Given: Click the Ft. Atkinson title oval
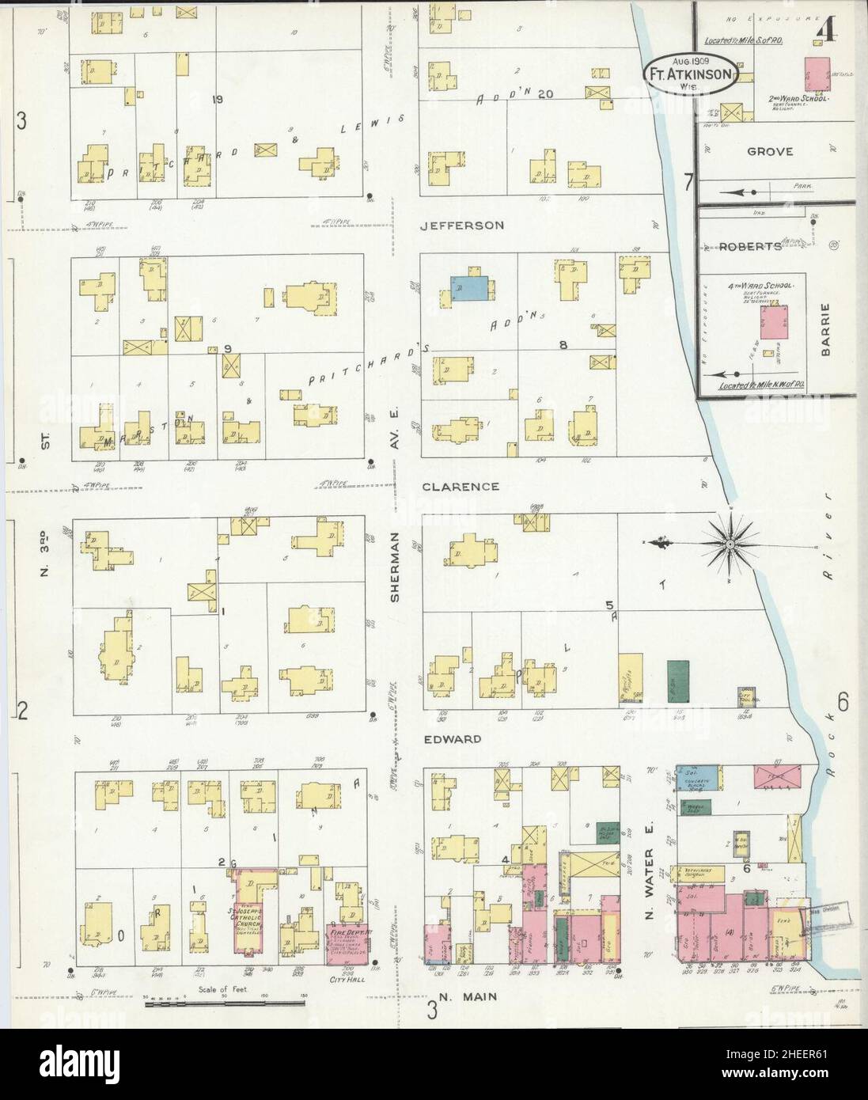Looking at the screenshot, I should pyautogui.click(x=692, y=74).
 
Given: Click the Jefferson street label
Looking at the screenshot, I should pyautogui.click(x=461, y=226).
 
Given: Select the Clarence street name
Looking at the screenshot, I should pyautogui.click(x=460, y=487).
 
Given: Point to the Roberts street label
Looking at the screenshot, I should pyautogui.click(x=750, y=246).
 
